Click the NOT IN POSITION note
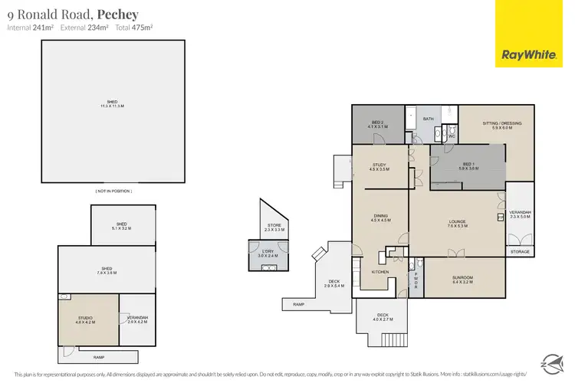tap(113, 190)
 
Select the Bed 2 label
tap(378, 124)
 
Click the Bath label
tap(428, 119)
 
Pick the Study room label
tap(379, 166)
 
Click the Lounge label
tap(457, 224)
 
